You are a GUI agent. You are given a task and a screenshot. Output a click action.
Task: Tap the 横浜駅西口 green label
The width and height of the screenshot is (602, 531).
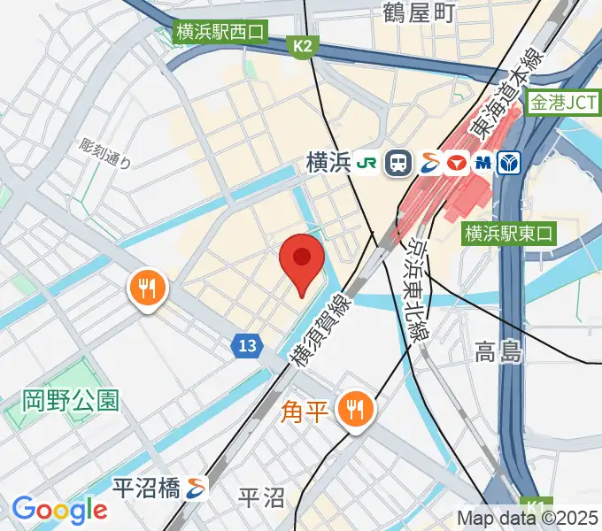220,34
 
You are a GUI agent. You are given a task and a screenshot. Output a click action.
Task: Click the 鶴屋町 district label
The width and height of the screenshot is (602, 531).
419,12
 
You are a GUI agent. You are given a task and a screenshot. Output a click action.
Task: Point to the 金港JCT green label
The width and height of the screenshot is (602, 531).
562,103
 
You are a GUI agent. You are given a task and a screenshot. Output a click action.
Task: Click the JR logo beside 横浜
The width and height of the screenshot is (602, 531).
366,163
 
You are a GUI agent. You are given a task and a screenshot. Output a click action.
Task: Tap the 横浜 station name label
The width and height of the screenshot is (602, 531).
328,163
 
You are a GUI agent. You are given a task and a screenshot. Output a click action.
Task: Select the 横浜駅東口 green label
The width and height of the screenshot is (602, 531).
508,234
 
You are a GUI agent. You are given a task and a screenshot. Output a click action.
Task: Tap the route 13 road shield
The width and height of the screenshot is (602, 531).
248,345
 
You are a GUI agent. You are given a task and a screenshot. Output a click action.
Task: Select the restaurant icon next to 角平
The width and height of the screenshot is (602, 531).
356,410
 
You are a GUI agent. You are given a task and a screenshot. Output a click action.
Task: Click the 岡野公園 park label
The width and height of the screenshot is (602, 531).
71,400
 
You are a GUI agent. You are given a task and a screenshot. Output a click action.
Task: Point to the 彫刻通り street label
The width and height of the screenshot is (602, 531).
104,153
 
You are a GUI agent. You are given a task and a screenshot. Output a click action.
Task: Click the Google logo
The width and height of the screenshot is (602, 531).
59,509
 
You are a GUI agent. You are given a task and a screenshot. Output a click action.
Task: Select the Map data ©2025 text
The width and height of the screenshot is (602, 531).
528,518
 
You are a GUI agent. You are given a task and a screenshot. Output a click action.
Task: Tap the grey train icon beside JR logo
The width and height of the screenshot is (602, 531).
399,163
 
